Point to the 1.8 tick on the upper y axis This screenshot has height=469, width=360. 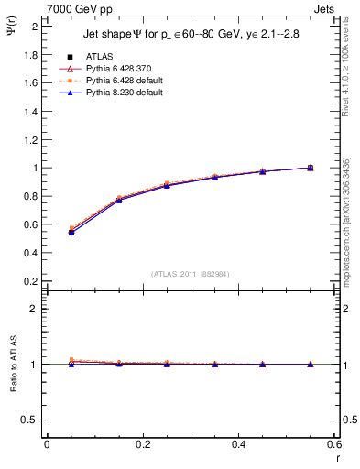point(31,55)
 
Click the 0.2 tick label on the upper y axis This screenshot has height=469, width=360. point(31,281)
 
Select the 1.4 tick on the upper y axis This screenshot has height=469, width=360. point(31,112)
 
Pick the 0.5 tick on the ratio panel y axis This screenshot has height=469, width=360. point(31,420)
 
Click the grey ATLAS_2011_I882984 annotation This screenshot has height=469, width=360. point(191,274)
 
